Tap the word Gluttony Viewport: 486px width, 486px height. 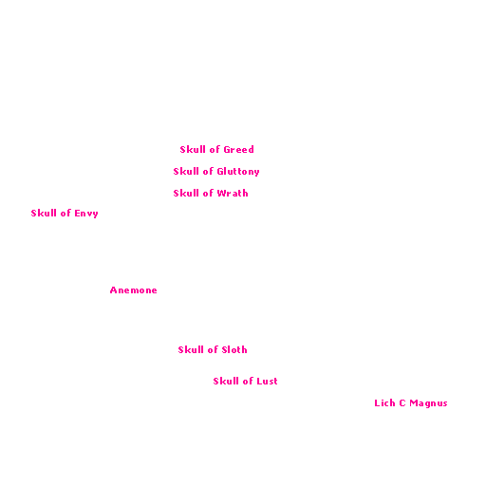[x=238, y=172]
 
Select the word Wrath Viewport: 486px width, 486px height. [x=233, y=193]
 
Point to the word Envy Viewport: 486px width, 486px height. [x=86, y=214]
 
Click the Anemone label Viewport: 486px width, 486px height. [x=134, y=290]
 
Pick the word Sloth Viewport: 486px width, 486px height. [x=234, y=349]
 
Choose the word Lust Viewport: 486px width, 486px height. [x=267, y=381]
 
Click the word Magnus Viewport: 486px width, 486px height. [x=428, y=403]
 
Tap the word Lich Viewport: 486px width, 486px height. [x=384, y=402]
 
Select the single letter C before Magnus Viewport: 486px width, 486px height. [x=402, y=402]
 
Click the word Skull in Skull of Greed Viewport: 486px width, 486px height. [x=193, y=149]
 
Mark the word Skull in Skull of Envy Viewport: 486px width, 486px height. [x=44, y=213]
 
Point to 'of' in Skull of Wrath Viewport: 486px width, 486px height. [x=208, y=193]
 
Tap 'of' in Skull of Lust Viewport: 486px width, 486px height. [x=248, y=381]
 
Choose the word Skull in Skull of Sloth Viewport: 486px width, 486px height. [x=191, y=349]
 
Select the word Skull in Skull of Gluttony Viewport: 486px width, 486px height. [x=186, y=171]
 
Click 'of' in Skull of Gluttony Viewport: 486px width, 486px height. [x=208, y=171]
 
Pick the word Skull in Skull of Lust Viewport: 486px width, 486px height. [x=226, y=381]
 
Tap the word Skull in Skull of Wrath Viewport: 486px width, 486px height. [x=186, y=193]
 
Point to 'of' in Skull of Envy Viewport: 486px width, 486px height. [x=65, y=213]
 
